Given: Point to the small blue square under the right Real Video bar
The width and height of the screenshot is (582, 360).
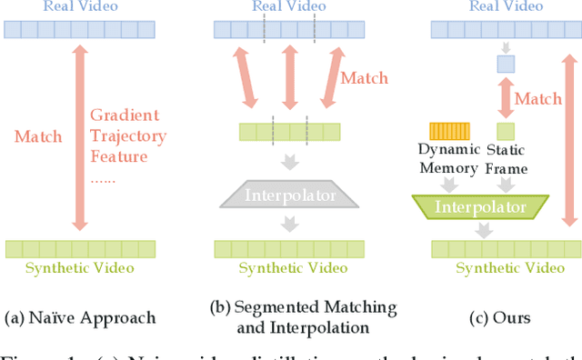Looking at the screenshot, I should (505, 63).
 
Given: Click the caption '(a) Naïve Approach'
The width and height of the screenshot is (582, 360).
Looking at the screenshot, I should (79, 318).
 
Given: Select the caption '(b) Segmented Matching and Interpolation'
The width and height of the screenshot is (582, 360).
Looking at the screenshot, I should (289, 317).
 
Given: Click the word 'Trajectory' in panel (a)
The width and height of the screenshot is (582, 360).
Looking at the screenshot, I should (127, 136).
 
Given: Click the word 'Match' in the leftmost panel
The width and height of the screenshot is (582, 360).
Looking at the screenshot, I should (38, 137).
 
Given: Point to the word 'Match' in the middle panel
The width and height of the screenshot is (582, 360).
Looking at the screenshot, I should (364, 79).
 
